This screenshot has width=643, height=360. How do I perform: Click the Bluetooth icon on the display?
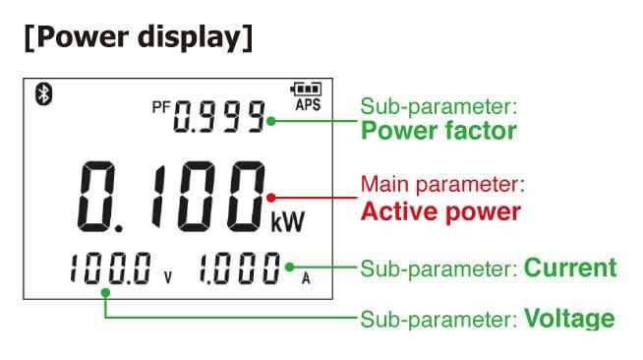pos(44,93)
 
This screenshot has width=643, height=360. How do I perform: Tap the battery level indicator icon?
pos(307,89)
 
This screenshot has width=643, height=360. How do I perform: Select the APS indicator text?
pos(308,104)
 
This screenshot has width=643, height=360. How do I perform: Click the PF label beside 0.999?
pos(161,107)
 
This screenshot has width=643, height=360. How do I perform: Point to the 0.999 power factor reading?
pos(219,117)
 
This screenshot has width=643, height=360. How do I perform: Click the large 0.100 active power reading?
pos(171,197)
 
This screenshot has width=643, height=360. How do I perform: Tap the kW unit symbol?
pos(288,222)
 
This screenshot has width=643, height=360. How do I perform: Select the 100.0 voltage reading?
pos(111,269)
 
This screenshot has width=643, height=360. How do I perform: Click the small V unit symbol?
pos(168,277)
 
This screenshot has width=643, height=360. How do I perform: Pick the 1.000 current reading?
pos(240,269)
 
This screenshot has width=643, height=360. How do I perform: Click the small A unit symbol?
pos(306,278)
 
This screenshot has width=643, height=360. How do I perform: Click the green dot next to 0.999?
pos(270,121)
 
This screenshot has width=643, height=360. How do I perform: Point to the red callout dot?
pos(270,198)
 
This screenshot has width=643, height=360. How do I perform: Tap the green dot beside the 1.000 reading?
pos(289,268)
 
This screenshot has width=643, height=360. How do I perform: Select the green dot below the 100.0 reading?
pos(105,293)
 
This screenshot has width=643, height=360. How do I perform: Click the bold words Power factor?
pos(438,131)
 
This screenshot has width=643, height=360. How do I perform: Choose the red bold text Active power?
pos(440,211)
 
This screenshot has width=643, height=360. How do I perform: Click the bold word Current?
pos(570,268)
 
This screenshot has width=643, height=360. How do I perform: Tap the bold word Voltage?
pos(569,318)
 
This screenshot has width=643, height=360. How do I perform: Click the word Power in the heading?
pos(83,37)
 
